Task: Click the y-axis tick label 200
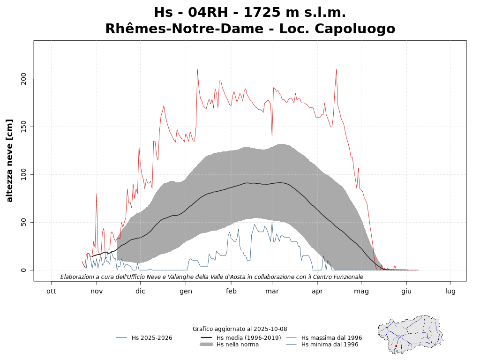(x=24, y=79)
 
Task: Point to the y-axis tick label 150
(x=24, y=127)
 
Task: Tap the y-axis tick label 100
(x=24, y=175)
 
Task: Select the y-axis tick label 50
(x=25, y=223)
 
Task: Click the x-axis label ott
(x=51, y=291)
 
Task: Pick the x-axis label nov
(x=97, y=291)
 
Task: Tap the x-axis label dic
(x=140, y=291)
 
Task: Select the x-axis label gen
(x=186, y=291)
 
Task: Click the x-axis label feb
(x=231, y=291)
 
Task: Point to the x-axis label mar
(x=272, y=291)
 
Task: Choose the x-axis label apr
(x=317, y=291)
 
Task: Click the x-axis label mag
(x=361, y=291)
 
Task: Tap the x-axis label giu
(x=406, y=291)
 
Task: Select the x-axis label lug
(x=450, y=291)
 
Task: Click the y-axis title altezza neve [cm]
(x=10, y=160)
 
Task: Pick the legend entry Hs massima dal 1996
(x=331, y=338)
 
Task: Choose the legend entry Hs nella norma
(x=237, y=345)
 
